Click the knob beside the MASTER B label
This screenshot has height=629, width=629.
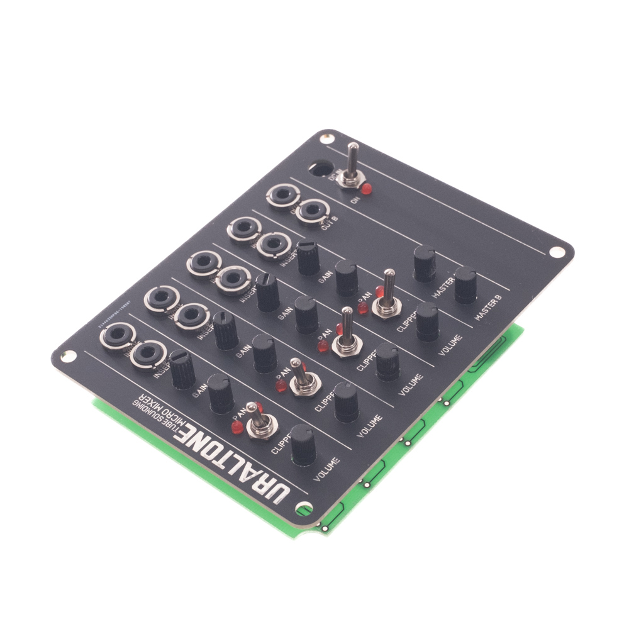[x=465, y=284]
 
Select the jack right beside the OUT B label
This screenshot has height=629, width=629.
[x=313, y=211]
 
